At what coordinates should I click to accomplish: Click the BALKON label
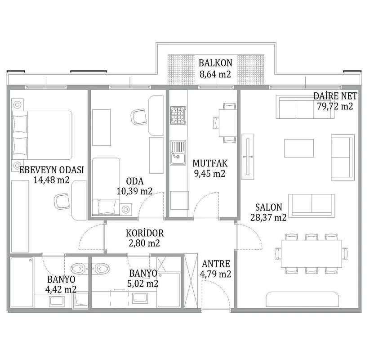(x=215, y=63)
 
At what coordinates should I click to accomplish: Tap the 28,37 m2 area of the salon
(x=268, y=217)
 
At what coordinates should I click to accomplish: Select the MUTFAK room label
(x=210, y=163)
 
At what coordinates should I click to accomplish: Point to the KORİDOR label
(x=145, y=233)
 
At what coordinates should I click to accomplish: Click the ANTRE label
(x=216, y=264)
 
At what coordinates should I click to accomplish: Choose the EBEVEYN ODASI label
(x=51, y=170)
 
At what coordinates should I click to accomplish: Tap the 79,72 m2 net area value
(x=335, y=106)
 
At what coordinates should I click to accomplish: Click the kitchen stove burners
(x=178, y=115)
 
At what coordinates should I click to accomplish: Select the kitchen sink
(x=178, y=153)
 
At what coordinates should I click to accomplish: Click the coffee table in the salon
(x=299, y=148)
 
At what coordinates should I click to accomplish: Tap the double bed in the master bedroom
(x=42, y=135)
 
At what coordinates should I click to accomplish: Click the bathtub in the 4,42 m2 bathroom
(x=22, y=282)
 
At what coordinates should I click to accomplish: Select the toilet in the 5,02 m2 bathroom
(x=100, y=269)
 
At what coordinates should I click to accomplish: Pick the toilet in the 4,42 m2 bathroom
(x=80, y=269)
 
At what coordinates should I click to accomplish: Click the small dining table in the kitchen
(x=227, y=123)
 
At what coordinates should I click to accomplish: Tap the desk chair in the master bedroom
(x=62, y=201)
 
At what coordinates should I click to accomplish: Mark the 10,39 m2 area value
(x=134, y=191)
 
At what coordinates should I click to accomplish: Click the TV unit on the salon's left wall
(x=248, y=157)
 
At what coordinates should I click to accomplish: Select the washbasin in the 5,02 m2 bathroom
(x=140, y=298)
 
